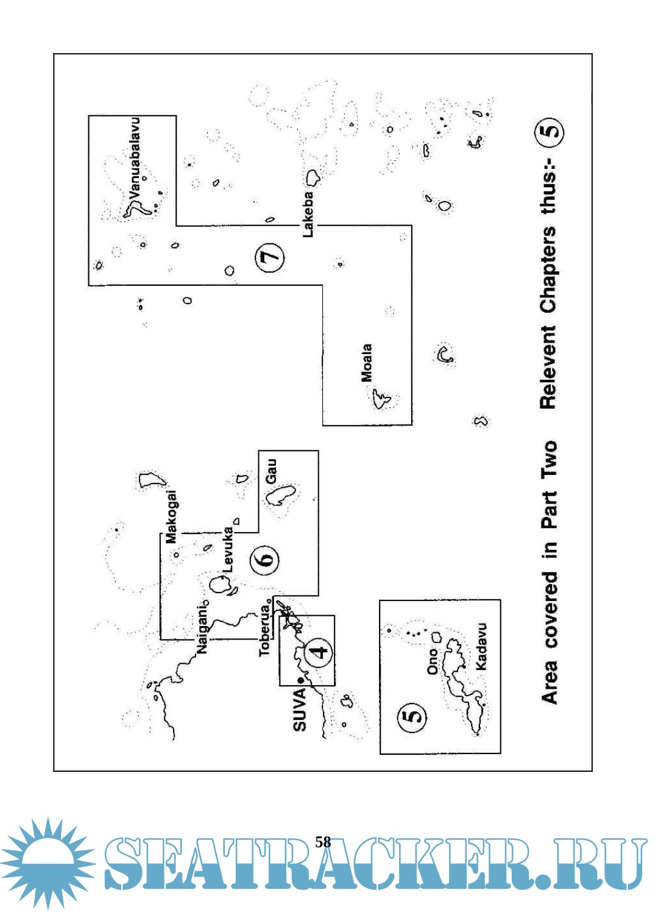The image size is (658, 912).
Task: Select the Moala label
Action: tap(367, 363)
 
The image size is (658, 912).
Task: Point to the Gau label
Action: tap(271, 471)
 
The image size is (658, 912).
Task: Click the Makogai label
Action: tap(172, 516)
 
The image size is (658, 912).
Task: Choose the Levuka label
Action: tap(228, 549)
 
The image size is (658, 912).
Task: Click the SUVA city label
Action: tap(300, 710)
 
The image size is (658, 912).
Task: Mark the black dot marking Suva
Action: tap(300, 681)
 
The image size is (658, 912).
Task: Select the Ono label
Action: tap(433, 661)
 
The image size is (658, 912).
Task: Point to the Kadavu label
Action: tap(481, 647)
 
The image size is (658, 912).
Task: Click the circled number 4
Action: tap(318, 651)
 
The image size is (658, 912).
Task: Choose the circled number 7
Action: tap(269, 257)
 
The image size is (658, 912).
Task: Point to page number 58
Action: tap(323, 842)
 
